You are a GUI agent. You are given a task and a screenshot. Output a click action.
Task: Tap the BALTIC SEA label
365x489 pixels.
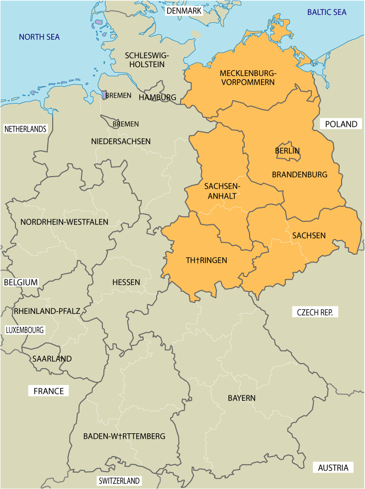(x=327, y=12)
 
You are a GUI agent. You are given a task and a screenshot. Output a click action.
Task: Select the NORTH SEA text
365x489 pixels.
(x=39, y=37)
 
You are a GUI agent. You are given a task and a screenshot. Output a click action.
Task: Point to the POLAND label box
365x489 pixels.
(x=341, y=124)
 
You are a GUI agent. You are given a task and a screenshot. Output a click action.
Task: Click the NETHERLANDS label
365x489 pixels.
(x=25, y=129)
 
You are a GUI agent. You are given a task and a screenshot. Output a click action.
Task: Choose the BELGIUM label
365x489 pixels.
(x=21, y=282)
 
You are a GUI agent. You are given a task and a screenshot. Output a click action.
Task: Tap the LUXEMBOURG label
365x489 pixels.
(x=25, y=330)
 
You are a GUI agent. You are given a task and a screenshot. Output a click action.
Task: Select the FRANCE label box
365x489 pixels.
(x=49, y=391)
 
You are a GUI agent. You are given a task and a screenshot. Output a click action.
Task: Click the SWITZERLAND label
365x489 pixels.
(x=119, y=481)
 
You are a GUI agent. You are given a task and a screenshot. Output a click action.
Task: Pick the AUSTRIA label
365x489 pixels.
(x=333, y=468)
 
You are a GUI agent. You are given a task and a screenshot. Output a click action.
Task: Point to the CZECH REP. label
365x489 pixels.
(x=318, y=312)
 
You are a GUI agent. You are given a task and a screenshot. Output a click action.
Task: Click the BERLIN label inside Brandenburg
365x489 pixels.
(x=287, y=150)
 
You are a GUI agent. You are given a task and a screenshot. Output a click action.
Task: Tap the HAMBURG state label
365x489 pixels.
(x=157, y=97)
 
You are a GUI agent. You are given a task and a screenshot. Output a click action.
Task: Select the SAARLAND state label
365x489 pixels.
(x=52, y=359)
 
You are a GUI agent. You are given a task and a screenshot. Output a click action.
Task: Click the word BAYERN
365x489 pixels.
(x=242, y=398)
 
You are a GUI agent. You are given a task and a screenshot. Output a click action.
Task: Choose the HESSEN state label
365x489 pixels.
(x=126, y=282)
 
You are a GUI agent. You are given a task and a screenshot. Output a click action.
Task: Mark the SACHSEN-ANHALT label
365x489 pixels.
(x=222, y=191)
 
